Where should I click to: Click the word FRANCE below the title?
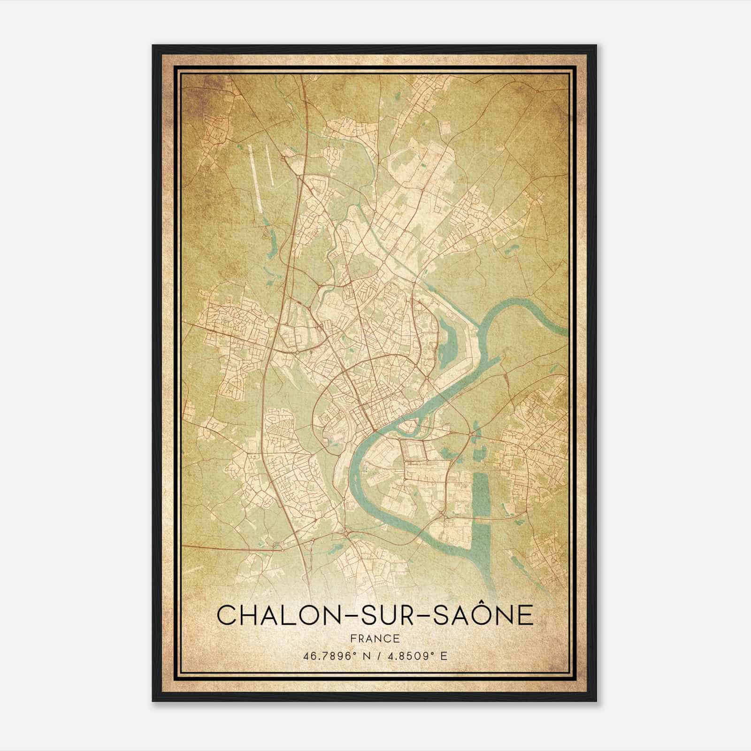pos(375,639)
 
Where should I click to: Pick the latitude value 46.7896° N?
pos(335,656)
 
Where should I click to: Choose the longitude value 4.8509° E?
pos(415,656)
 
